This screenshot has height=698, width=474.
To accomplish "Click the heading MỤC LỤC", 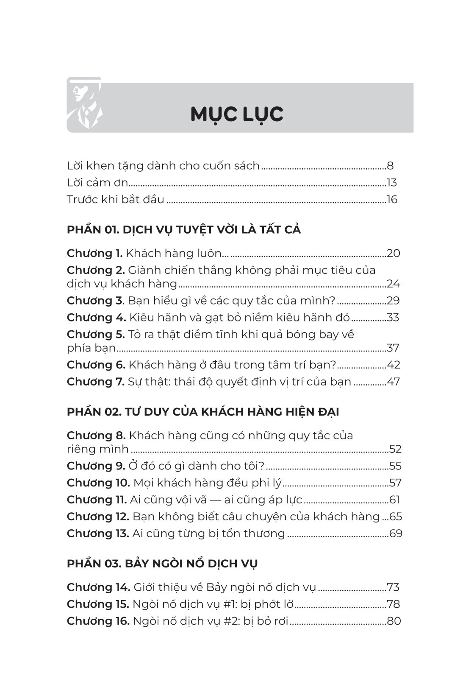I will [237, 114].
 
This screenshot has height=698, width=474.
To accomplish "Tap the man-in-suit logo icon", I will [85, 105].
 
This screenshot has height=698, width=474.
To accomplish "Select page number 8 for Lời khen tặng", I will [390, 166].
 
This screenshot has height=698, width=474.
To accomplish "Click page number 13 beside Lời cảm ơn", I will [391, 183].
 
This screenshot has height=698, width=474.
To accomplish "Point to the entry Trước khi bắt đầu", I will [116, 200].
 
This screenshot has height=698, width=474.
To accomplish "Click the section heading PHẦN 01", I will [183, 230].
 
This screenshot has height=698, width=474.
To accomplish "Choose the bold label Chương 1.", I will [94, 254].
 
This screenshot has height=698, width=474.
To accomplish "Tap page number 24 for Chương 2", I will [393, 284].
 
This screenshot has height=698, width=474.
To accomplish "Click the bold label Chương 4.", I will [96, 318].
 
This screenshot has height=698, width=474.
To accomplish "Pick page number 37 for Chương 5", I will [393, 348].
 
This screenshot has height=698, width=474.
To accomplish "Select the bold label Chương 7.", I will [95, 382].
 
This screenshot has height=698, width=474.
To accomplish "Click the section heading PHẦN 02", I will [203, 412].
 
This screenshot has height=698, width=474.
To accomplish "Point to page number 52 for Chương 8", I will [395, 449].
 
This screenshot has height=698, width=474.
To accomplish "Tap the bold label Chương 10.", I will [98, 483].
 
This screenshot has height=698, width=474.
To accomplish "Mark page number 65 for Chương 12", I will [395, 517].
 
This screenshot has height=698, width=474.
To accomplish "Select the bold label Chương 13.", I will [98, 534].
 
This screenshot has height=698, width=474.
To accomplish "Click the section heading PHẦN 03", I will [162, 564].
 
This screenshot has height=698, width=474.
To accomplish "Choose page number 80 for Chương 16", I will [394, 621].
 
